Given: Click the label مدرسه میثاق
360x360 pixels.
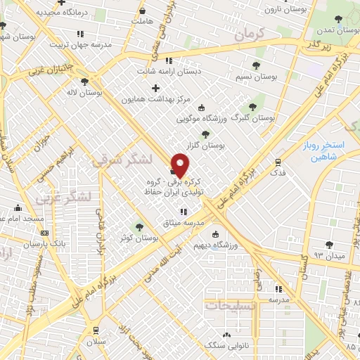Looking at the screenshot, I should coord(184,222).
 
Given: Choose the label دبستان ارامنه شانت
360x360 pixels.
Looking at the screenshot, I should coord(168,70).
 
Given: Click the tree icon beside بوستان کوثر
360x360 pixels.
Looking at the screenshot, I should coord(139,226).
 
